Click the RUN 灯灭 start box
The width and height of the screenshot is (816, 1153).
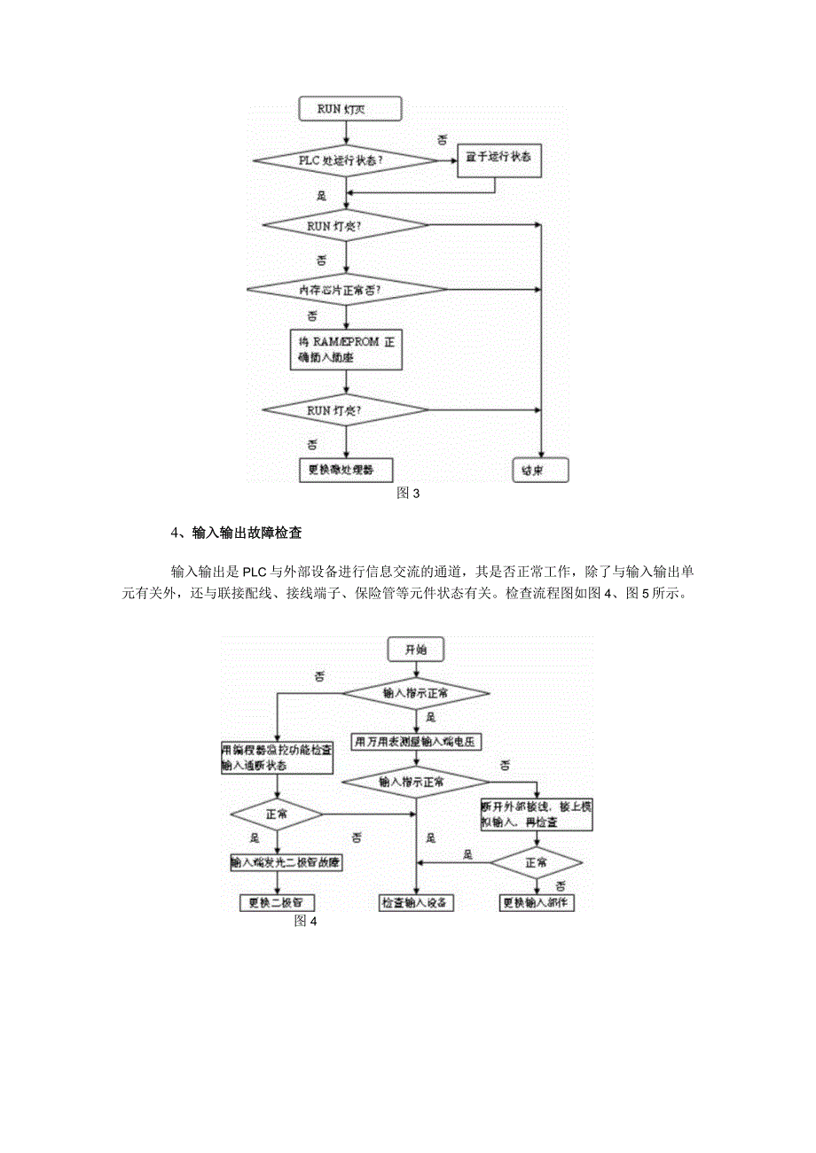point(348,110)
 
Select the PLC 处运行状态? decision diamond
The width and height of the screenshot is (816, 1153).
point(346,160)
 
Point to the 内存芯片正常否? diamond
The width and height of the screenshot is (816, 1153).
point(346,290)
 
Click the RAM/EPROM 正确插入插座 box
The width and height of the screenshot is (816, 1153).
point(347,350)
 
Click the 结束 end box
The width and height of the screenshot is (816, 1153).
point(540,471)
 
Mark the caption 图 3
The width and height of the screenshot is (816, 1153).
point(407,494)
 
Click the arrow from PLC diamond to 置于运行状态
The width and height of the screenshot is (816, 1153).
point(448,160)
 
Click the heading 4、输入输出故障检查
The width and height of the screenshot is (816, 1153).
point(236,534)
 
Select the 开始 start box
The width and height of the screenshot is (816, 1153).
point(416,650)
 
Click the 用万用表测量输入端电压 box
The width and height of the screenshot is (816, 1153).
point(416,742)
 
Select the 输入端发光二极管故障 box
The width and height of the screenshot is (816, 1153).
point(285,862)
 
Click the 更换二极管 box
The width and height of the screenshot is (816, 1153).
point(278,903)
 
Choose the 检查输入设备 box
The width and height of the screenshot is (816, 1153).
point(416,903)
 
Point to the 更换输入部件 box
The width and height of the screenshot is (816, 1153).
point(537,903)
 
